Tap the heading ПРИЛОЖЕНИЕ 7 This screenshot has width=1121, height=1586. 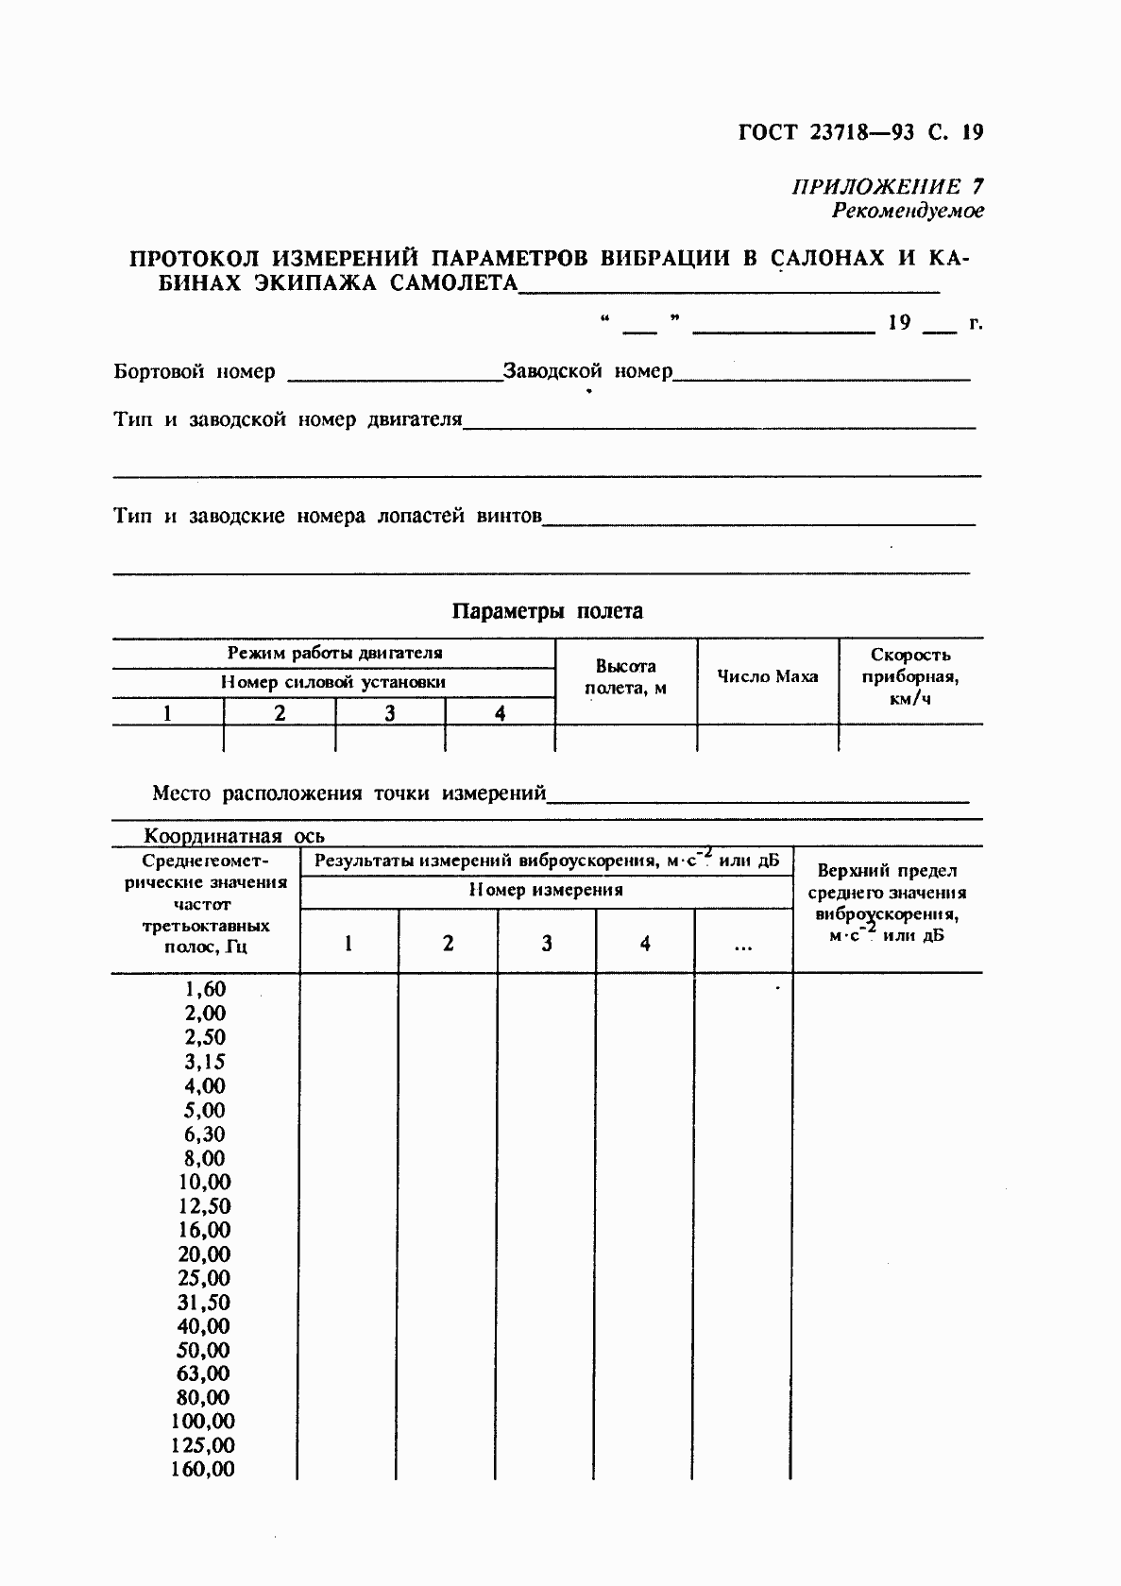887,186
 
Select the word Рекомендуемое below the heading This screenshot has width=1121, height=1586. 907,211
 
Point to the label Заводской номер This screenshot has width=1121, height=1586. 587,371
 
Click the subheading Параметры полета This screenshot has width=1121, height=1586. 547,611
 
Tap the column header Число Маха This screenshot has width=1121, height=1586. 767,676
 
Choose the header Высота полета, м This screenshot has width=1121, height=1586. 625,677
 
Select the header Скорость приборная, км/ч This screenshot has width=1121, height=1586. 909,676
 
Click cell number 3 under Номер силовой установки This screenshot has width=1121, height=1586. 389,713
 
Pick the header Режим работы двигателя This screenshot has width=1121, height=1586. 334,653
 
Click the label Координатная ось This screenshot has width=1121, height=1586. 233,836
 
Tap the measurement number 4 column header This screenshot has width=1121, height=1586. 645,943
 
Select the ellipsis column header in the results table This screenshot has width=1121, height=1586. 742,944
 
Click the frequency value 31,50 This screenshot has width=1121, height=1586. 204,1303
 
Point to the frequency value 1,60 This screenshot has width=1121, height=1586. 205,989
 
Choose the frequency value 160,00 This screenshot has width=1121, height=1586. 202,1470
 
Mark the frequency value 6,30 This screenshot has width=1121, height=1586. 205,1134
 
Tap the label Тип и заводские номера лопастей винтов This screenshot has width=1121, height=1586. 327,517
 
